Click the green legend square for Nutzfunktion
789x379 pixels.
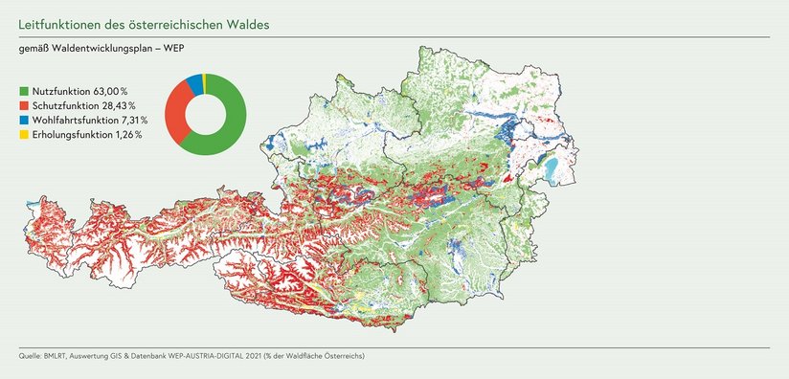pyautogui.click(x=24, y=89)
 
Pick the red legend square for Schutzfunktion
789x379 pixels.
pyautogui.click(x=24, y=104)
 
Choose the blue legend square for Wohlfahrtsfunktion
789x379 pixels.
pyautogui.click(x=24, y=120)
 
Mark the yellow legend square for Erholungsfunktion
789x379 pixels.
pyautogui.click(x=24, y=135)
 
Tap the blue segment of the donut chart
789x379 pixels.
pyautogui.click(x=194, y=83)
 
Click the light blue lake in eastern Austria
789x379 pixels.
pyautogui.click(x=554, y=169)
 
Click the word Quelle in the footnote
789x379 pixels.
pyautogui.click(x=29, y=356)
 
